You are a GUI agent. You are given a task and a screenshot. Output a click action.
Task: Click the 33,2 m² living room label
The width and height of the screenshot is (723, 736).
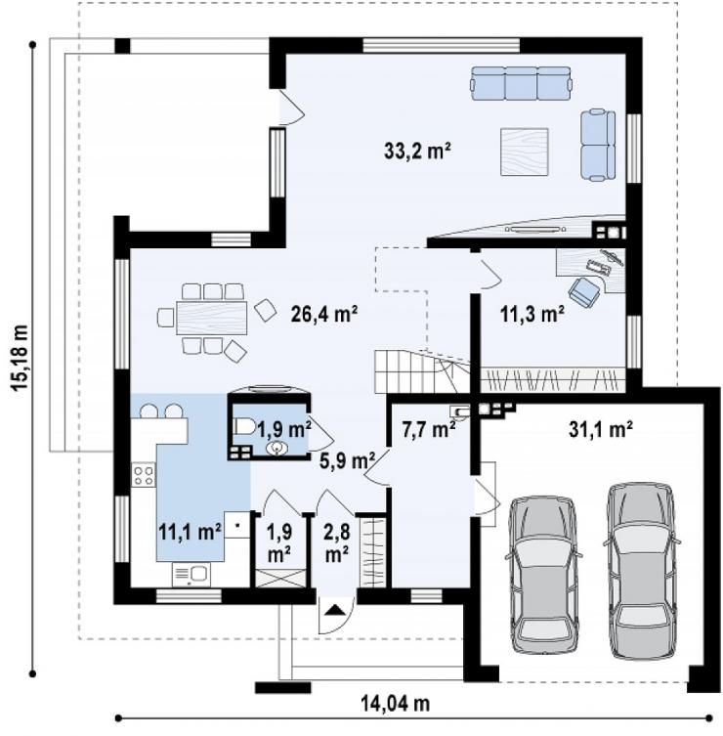417,152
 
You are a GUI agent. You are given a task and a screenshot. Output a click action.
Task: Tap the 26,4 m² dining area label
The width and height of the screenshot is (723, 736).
324,314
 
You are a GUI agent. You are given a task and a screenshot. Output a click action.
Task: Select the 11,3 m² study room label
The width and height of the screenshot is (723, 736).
532,314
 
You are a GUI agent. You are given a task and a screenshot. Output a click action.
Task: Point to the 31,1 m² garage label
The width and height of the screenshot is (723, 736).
601,429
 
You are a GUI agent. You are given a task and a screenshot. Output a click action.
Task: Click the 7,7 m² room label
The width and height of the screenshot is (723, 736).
429,429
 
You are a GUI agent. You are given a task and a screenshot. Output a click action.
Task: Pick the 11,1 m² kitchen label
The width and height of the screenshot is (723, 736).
190,533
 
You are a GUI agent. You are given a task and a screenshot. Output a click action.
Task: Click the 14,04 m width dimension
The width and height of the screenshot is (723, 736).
395,704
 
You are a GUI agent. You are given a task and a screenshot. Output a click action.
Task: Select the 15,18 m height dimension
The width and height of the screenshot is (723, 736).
20,358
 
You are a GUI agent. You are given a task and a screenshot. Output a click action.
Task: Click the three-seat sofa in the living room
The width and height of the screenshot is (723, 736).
522,83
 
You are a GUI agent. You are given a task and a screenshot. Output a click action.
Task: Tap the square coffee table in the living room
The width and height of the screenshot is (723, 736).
524,152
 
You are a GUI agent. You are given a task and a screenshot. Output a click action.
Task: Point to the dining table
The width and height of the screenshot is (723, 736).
212,318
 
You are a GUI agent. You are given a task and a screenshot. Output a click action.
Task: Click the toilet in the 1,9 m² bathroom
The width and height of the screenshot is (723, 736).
244,427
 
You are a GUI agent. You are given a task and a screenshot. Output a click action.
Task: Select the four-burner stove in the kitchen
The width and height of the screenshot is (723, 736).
144,475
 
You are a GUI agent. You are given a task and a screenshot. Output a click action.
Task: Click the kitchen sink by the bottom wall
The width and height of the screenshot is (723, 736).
191,574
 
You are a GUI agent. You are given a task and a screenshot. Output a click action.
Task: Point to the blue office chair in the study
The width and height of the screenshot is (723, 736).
584,290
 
